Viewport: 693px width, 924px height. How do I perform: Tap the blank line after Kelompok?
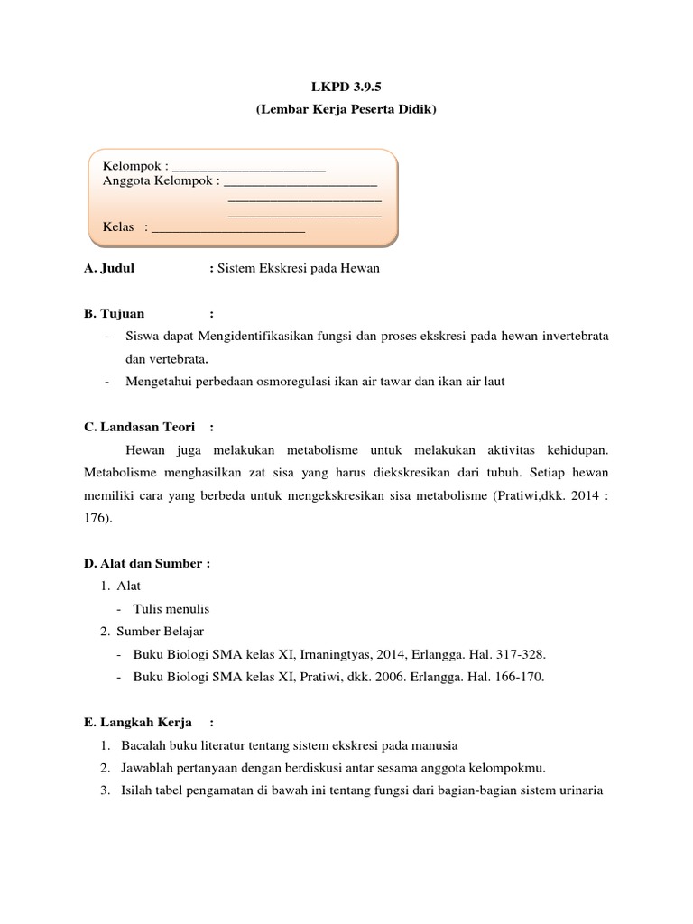(x=248, y=167)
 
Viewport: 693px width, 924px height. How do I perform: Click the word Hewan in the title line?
(x=359, y=270)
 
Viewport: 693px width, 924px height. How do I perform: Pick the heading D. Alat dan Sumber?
(x=146, y=563)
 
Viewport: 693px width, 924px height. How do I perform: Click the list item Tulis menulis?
(x=171, y=608)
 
